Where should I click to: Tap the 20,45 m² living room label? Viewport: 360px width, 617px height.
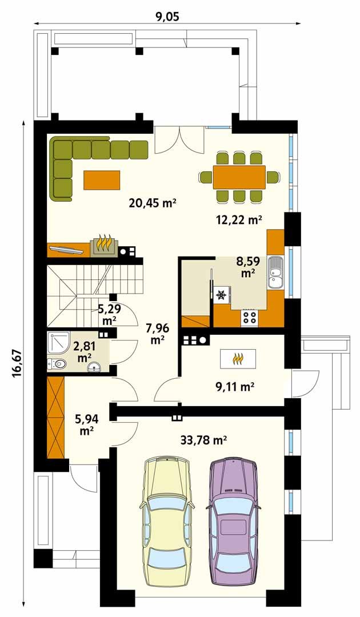tap(152, 203)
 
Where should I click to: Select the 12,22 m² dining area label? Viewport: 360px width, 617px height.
tap(239, 219)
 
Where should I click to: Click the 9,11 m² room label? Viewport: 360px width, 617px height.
tap(234, 387)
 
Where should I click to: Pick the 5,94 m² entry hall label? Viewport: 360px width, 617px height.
tap(86, 424)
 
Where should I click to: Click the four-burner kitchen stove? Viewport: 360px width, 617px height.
tap(250, 316)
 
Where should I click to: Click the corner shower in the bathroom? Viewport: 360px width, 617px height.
tap(58, 343)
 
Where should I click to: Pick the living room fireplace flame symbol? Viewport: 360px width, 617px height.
tap(103, 243)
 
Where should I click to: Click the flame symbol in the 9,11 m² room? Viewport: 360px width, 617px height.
tap(238, 359)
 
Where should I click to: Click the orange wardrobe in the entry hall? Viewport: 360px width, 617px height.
tap(55, 418)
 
